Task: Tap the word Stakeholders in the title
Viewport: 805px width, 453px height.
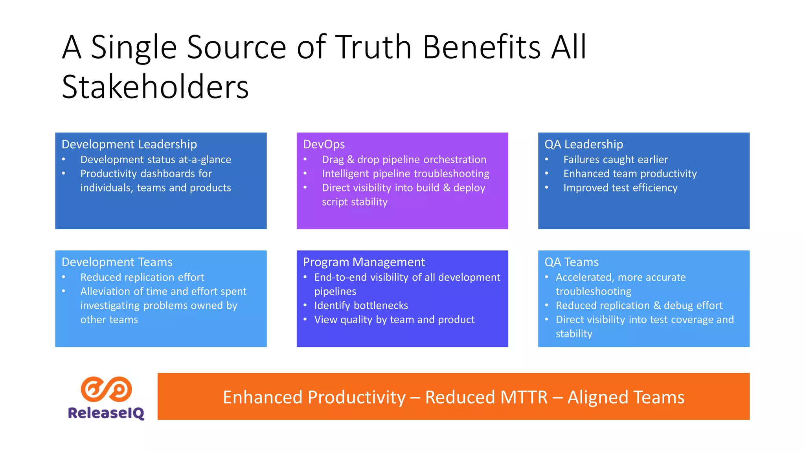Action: tap(155, 87)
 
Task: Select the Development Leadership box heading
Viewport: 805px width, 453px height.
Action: tap(129, 144)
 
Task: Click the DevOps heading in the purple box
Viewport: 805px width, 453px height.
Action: tap(324, 144)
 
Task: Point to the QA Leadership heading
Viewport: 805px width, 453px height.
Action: tap(584, 144)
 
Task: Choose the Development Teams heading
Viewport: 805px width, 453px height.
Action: tap(117, 262)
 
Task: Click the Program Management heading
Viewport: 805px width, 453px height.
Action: tap(364, 262)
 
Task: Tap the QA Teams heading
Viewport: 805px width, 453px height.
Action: tap(572, 262)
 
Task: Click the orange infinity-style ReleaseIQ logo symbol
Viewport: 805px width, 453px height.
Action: tap(106, 389)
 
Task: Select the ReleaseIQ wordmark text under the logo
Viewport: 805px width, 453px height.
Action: tap(106, 413)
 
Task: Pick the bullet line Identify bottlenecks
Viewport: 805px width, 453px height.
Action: tap(361, 306)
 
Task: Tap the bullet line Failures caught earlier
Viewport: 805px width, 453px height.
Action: tap(616, 160)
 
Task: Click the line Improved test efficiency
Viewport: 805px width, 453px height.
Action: tap(620, 188)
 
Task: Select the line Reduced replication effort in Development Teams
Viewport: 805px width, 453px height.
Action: tap(142, 278)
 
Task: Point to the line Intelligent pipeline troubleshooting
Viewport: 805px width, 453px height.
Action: tap(406, 174)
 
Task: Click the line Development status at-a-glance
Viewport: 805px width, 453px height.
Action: tap(156, 160)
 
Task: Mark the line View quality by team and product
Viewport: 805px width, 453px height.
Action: tap(394, 320)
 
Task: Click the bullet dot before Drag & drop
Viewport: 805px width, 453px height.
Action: tap(305, 159)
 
